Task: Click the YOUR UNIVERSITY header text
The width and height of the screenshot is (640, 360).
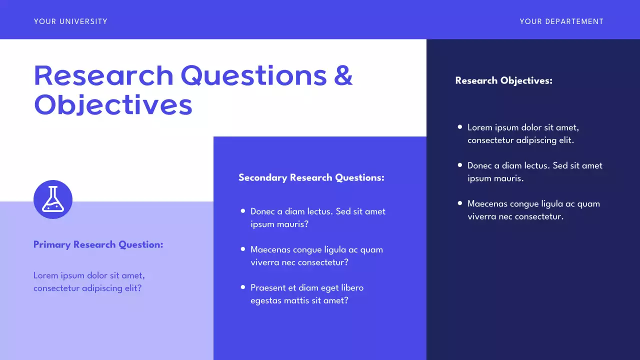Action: (70, 21)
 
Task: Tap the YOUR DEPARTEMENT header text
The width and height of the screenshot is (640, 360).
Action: (561, 21)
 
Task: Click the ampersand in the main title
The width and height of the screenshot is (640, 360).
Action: (343, 75)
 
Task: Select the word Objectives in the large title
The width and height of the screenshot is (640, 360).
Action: (113, 105)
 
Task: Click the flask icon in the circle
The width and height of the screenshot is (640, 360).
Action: (53, 199)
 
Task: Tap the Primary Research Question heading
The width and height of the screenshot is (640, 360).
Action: (98, 244)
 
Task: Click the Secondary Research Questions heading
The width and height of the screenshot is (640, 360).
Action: (311, 177)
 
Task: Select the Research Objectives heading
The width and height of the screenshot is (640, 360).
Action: (503, 80)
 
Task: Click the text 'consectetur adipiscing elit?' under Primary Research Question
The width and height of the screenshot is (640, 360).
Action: (87, 288)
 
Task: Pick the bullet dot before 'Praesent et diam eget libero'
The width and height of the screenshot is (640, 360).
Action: (243, 287)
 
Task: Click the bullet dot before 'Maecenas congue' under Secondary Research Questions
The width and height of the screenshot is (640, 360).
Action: (243, 249)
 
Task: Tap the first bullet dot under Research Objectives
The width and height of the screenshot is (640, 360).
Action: (460, 127)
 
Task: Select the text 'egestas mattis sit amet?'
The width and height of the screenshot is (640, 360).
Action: (299, 300)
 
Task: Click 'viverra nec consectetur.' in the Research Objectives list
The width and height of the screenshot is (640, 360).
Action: (515, 216)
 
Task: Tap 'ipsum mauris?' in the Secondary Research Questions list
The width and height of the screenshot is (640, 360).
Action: (279, 224)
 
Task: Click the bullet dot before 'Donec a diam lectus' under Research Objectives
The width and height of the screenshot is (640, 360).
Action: (460, 165)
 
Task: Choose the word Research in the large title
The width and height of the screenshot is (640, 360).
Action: (103, 75)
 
